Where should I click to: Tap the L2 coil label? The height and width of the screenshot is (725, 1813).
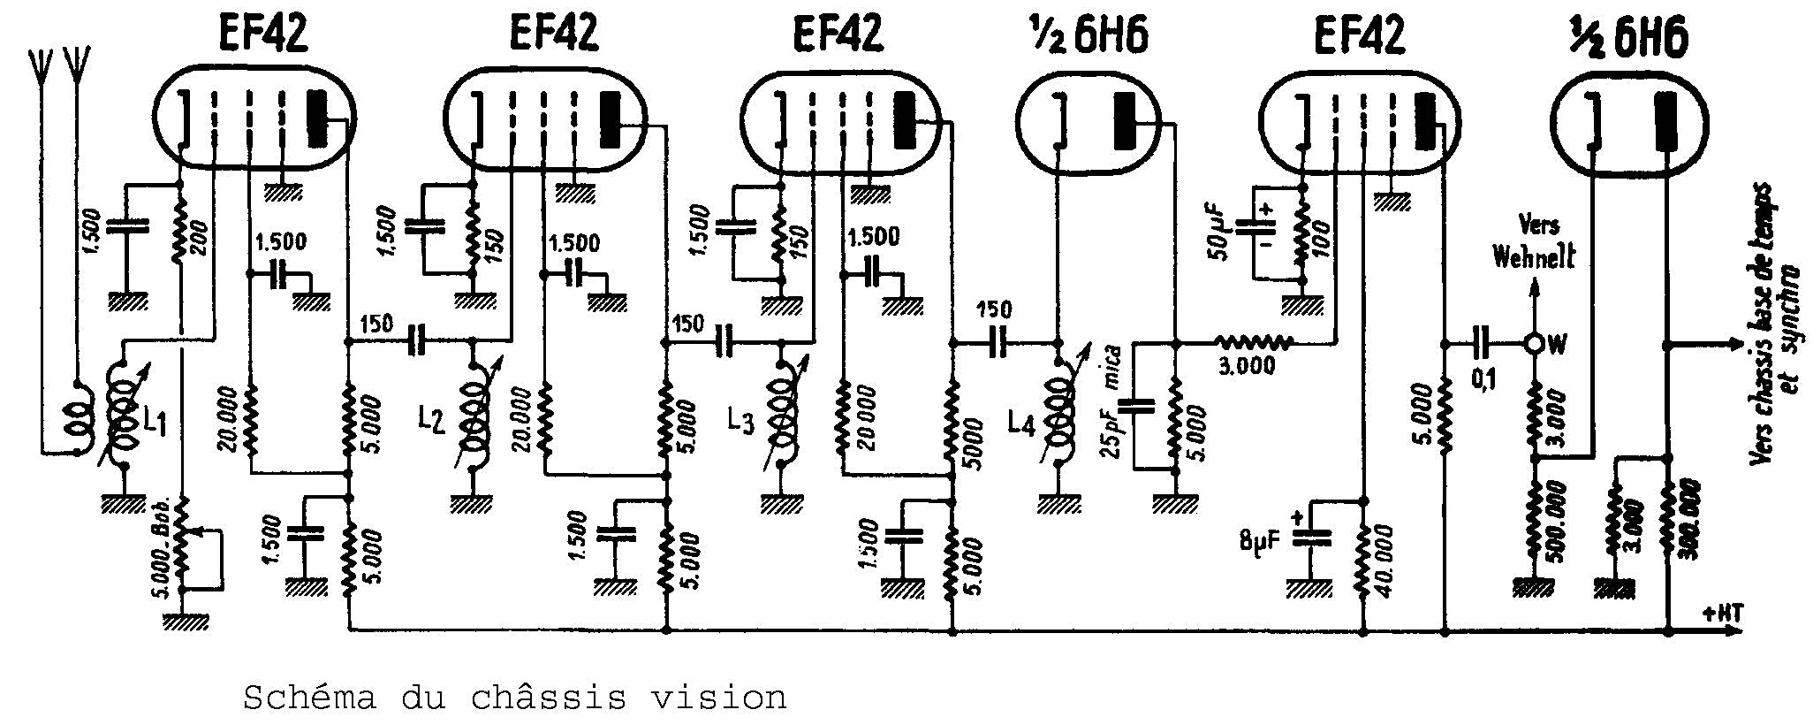point(432,424)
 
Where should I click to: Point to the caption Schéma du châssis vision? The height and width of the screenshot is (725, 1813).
point(514,698)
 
